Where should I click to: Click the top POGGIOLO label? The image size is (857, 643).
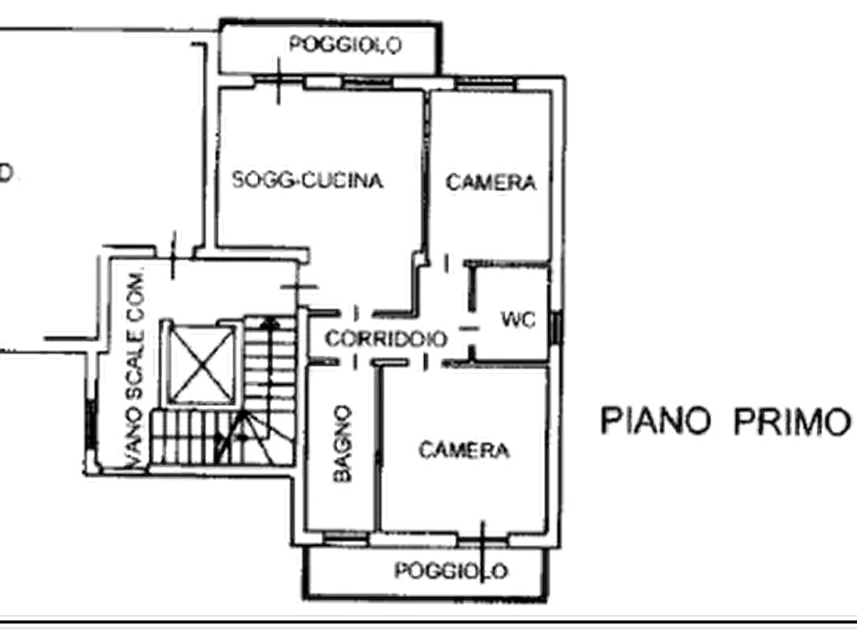click(346, 43)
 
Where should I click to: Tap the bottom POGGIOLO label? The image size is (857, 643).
click(451, 571)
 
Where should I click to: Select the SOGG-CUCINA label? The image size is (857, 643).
click(312, 179)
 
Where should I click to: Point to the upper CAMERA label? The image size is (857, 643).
click(489, 182)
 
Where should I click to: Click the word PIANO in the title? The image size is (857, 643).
click(656, 420)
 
